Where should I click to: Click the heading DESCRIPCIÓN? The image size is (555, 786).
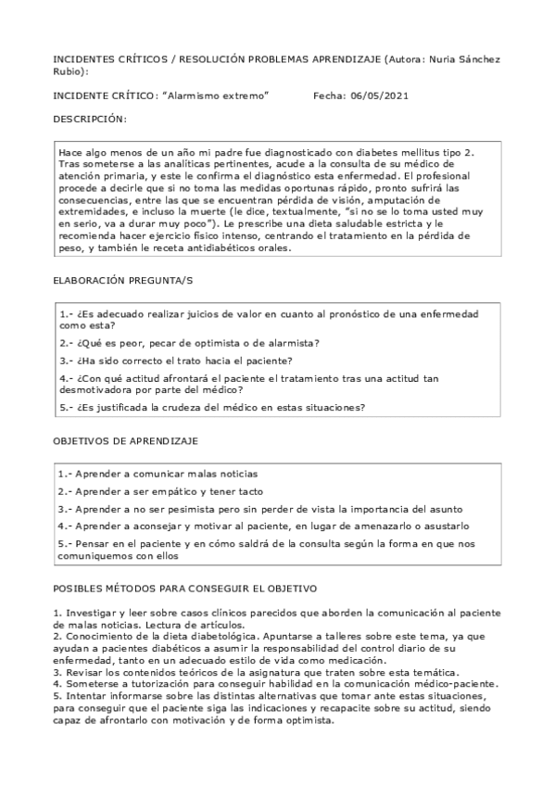pos(90,120)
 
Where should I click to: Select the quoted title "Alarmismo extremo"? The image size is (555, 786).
pos(215,95)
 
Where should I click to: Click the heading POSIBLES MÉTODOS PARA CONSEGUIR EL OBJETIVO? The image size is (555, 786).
pos(185,589)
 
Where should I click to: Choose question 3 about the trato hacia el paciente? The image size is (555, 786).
pos(175,360)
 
